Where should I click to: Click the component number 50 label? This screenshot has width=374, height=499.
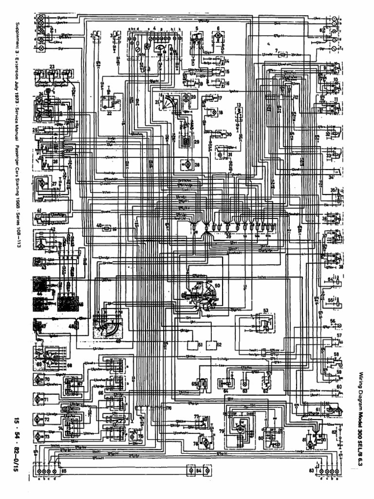[218, 285]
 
